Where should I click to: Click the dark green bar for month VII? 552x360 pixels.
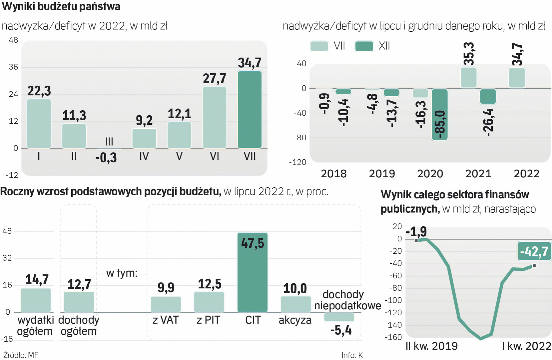(x=250, y=110)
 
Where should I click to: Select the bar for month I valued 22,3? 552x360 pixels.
(x=39, y=124)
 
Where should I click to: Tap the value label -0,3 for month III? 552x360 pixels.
(x=106, y=158)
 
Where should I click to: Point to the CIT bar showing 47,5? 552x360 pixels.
(x=252, y=272)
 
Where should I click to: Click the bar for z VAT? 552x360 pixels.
(x=166, y=304)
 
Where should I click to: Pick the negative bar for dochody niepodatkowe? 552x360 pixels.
(x=339, y=317)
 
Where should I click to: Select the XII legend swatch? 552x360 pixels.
(x=364, y=46)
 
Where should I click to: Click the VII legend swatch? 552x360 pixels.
(x=319, y=46)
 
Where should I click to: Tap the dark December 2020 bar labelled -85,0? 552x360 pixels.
(x=440, y=114)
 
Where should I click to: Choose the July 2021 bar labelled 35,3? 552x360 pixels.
(x=469, y=78)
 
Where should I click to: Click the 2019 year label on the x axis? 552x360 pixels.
(x=382, y=174)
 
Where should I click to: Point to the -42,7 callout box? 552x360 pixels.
(x=534, y=251)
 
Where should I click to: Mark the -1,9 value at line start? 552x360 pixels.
(x=416, y=231)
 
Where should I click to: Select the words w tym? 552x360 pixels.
(x=122, y=273)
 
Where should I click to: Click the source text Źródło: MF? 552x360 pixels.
(x=21, y=355)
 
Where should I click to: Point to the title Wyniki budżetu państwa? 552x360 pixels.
(x=61, y=7)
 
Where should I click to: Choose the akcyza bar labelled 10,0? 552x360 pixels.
(x=295, y=304)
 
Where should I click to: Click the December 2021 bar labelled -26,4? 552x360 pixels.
(x=488, y=96)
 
